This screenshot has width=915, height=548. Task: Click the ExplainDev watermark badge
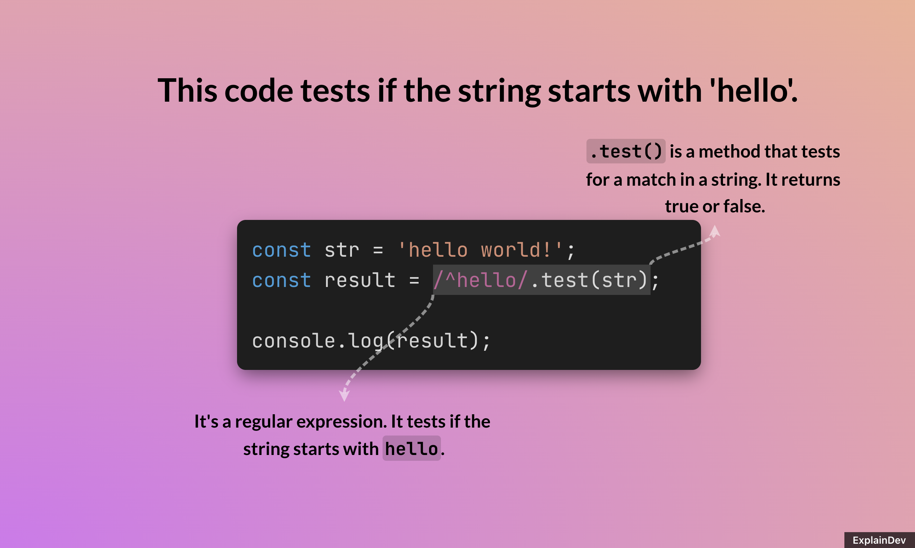(879, 540)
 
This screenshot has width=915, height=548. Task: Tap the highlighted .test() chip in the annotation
(626, 151)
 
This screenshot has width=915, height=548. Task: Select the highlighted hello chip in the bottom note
(411, 448)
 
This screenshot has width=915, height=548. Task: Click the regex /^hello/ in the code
(480, 280)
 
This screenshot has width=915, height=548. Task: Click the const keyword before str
(281, 250)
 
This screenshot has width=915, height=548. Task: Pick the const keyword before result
(281, 280)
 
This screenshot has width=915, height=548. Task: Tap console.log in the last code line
(317, 340)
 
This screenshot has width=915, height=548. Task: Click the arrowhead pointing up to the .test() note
(715, 231)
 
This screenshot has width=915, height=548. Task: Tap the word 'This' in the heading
(187, 91)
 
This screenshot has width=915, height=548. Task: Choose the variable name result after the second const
(360, 280)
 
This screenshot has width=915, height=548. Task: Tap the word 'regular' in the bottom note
(263, 421)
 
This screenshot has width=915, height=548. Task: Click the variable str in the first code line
(342, 250)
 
